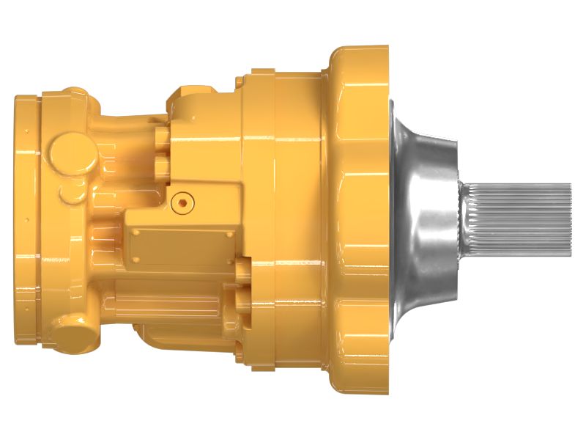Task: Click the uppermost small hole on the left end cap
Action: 27,132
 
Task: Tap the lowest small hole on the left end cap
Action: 27,309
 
